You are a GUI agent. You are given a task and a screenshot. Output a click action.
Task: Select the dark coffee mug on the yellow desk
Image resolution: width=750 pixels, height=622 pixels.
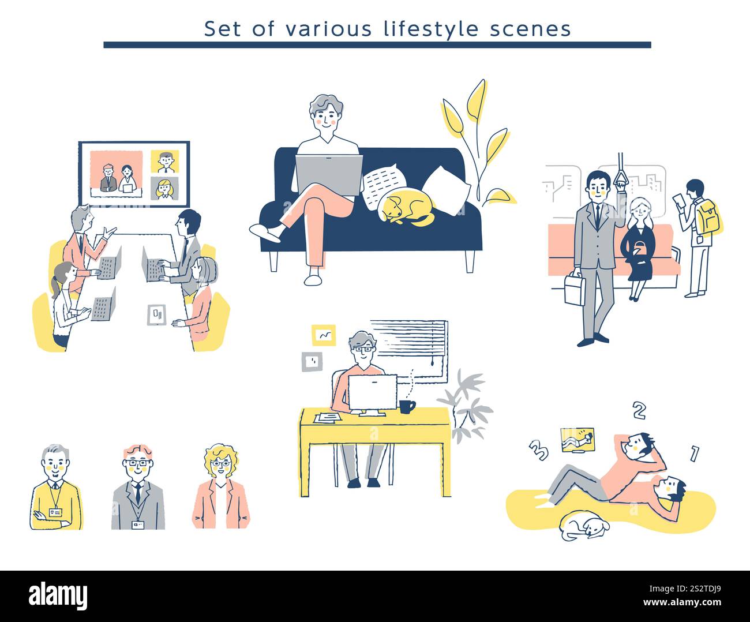[407, 407]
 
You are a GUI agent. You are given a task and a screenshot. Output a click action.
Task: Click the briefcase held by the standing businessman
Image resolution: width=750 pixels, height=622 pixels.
[575, 288]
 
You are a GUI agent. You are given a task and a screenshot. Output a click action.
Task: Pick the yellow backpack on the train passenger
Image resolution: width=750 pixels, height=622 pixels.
[708, 217]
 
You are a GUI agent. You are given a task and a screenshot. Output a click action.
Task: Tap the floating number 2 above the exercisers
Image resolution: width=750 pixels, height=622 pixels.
[639, 410]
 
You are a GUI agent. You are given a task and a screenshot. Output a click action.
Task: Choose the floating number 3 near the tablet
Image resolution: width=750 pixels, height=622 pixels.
[538, 451]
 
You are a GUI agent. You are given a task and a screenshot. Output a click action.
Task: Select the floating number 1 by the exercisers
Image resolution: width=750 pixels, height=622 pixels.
[694, 454]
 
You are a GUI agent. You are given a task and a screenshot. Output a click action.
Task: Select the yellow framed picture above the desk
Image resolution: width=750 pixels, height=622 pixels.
[323, 335]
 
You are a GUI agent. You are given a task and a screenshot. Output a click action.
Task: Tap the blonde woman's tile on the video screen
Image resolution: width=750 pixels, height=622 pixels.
[164, 188]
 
